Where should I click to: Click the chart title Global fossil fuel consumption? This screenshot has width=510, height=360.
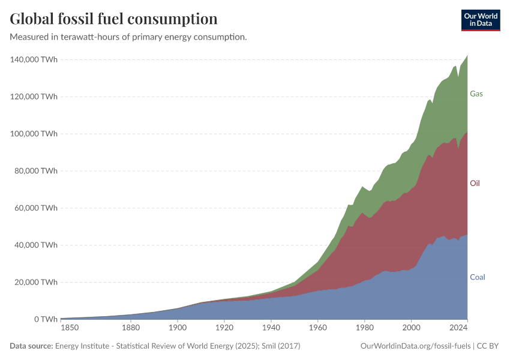(x=113, y=19)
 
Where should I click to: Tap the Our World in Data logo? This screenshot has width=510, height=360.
(x=480, y=20)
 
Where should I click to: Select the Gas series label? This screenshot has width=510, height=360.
(x=476, y=94)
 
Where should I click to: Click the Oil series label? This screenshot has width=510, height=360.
(x=475, y=183)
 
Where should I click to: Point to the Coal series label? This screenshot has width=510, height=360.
(x=477, y=277)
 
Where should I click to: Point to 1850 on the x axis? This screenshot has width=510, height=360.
(x=69, y=328)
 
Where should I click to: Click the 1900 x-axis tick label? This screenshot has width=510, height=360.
(x=177, y=328)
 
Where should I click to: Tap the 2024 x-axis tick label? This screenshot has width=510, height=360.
(x=459, y=328)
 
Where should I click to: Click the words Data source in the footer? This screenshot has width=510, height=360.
(x=31, y=346)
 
